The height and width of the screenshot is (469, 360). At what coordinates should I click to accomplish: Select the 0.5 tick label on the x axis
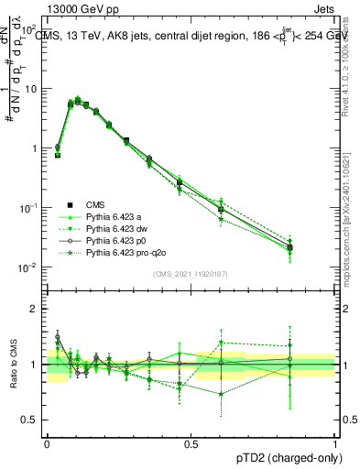(191, 442)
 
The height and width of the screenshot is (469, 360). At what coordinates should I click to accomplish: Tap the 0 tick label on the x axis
(47, 442)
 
